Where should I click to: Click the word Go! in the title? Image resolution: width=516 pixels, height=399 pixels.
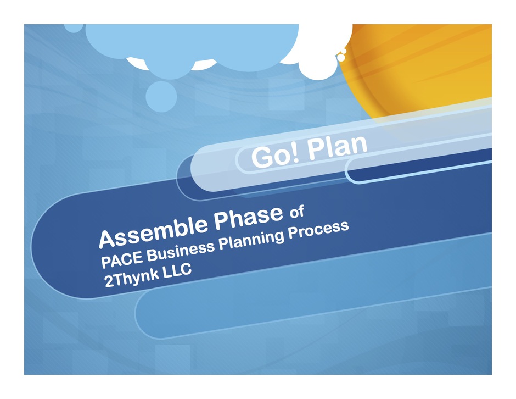tap(276, 156)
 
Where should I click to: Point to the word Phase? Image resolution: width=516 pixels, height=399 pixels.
tap(249, 217)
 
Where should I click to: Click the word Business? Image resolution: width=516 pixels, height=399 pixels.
tap(181, 250)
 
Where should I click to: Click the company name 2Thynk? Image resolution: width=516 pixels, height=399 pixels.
tap(131, 278)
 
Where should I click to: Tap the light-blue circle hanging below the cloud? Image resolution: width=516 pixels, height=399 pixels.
tap(161, 97)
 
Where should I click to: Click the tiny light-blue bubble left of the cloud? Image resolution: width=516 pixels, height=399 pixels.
tap(74, 27)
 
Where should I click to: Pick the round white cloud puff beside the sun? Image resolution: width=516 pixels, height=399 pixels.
tap(318, 64)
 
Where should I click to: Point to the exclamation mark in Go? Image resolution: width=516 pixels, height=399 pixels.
tap(295, 154)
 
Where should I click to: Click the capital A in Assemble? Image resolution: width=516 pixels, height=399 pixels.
tap(108, 239)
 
